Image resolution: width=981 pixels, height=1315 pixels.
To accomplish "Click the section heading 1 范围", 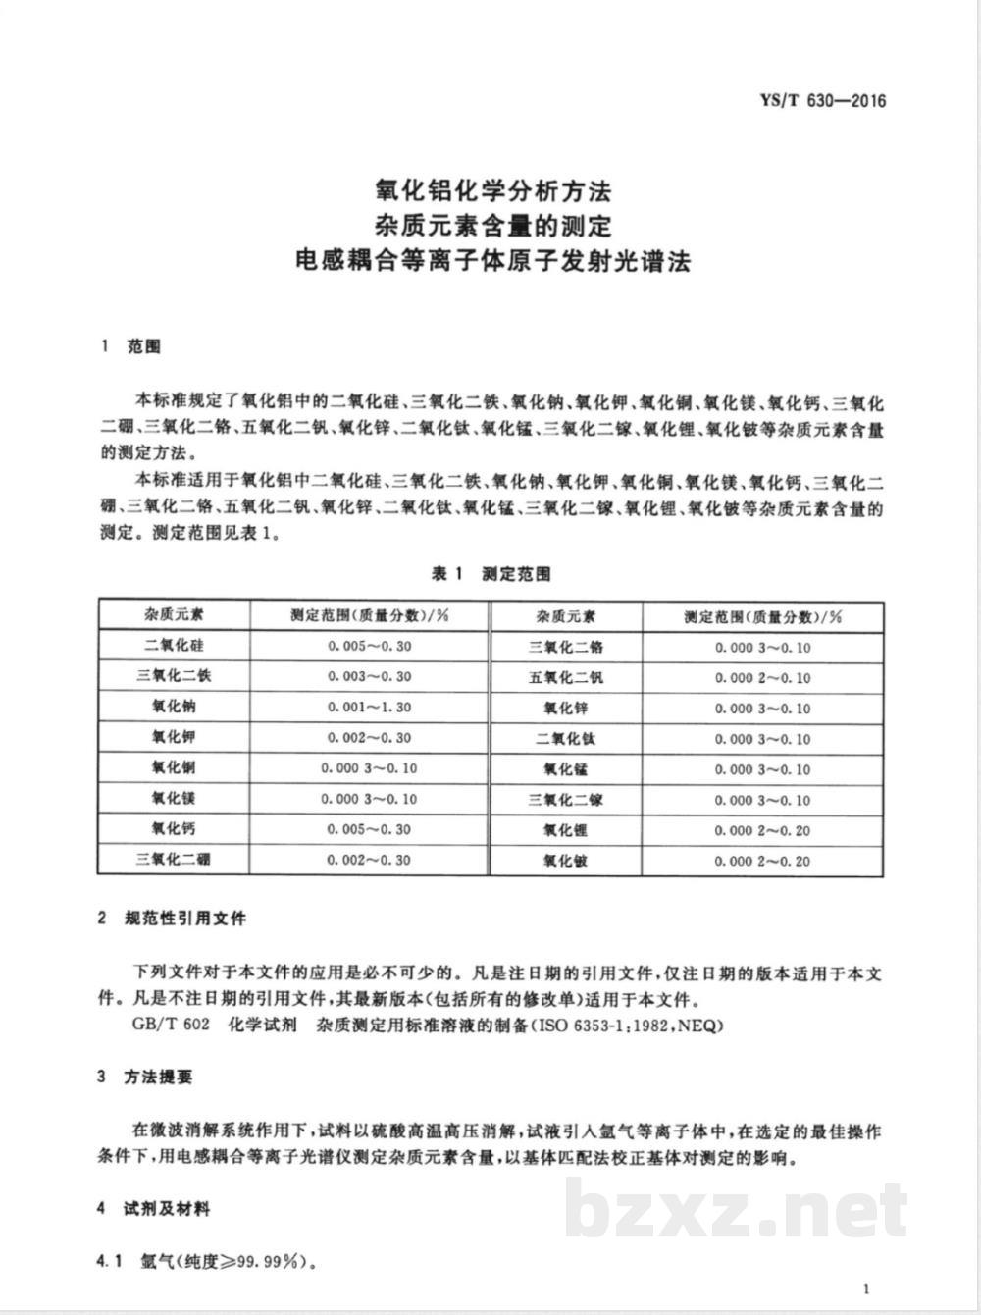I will [131, 347].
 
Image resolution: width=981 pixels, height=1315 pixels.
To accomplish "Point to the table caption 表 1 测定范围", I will [491, 574].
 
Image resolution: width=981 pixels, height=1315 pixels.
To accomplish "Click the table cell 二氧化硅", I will [174, 646].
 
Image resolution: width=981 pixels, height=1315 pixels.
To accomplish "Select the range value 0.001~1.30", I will [369, 707].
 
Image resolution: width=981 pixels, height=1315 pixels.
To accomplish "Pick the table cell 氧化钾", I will [174, 737].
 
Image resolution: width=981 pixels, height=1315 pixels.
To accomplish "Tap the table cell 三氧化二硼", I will [174, 860].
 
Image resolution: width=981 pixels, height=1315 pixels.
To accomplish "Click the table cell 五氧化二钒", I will [566, 677].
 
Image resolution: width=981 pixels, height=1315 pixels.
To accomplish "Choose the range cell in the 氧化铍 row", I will [762, 861].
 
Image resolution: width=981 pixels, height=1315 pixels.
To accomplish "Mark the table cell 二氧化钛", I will [566, 739].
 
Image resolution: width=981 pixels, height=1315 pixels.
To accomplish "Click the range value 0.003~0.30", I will [369, 676].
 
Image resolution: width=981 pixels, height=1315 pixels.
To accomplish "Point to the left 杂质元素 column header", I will [174, 615].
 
